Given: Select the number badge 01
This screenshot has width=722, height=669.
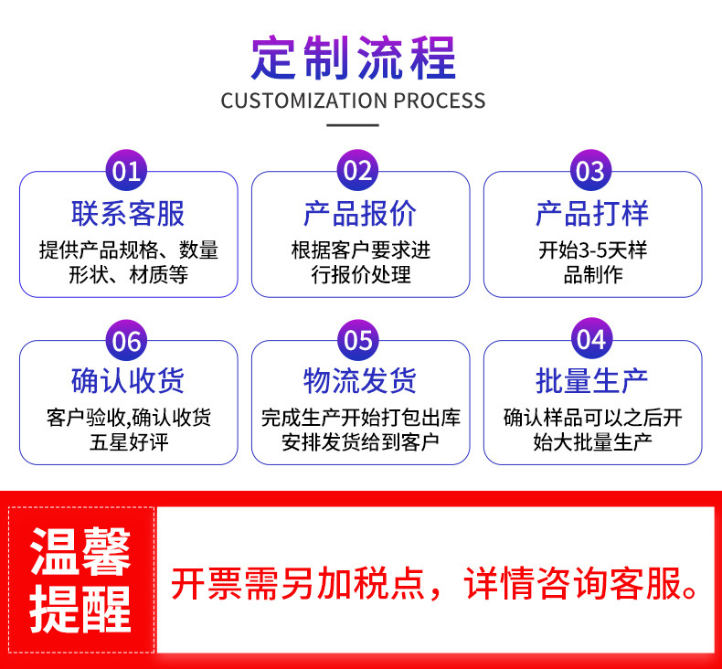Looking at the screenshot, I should click(127, 172).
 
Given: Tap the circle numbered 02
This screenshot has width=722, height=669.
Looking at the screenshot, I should click(359, 172).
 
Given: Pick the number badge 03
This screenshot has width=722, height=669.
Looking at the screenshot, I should click(591, 172).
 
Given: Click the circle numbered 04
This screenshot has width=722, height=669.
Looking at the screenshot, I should click(591, 341).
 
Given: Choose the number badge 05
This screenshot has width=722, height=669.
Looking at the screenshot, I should click(359, 341).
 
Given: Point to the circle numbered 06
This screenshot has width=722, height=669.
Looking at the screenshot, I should click(127, 341).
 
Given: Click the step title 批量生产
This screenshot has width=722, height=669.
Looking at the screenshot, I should click(592, 380).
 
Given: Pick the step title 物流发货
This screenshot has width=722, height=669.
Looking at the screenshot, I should click(360, 380).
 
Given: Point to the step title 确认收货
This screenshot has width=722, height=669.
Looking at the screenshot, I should click(128, 380).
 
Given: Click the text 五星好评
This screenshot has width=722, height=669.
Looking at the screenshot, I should click(128, 444).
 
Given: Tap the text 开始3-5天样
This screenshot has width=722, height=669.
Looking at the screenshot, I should click(592, 250).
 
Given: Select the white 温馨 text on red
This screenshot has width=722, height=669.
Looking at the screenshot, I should click(80, 551).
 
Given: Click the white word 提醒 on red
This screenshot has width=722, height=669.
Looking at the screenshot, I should click(80, 607).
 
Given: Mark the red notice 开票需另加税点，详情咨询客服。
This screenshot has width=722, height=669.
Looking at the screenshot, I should click(435, 583).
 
